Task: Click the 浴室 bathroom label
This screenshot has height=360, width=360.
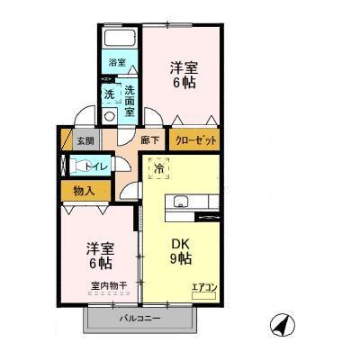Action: [117, 62]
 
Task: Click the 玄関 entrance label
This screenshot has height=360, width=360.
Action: [84, 140]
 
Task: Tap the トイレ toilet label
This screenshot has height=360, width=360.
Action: [92, 166]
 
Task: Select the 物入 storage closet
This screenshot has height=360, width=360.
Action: [84, 191]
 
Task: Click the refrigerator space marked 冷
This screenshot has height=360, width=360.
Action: [159, 168]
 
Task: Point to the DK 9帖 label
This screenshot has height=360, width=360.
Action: [180, 250]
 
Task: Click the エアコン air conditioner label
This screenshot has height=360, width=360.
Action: [202, 287]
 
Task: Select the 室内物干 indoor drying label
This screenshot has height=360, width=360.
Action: [108, 286]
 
